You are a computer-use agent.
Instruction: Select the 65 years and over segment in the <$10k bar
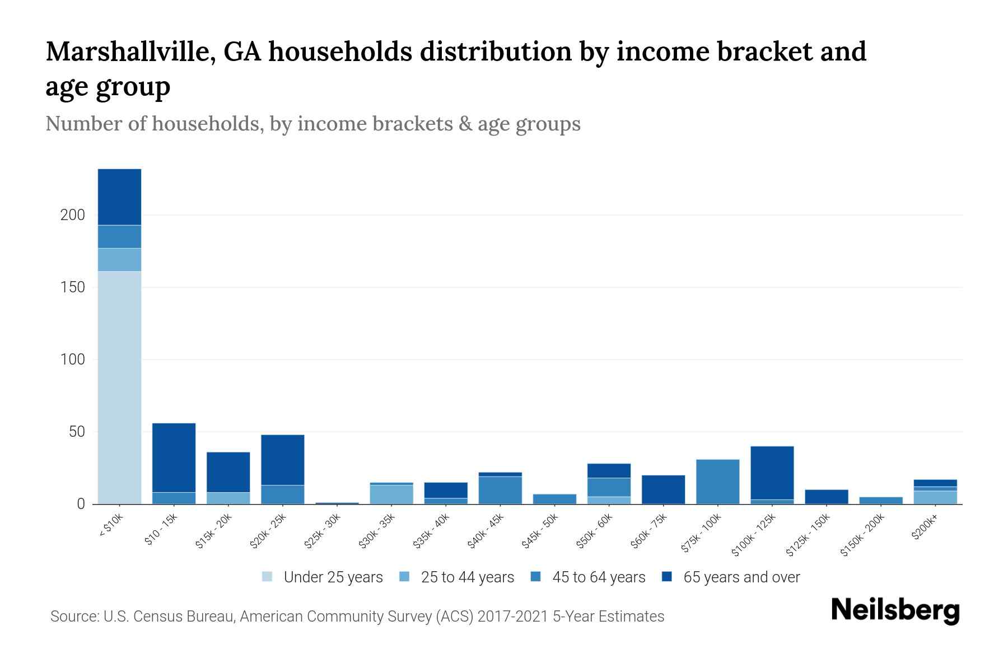coord(119,197)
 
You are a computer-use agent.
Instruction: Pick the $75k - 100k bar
coord(717,482)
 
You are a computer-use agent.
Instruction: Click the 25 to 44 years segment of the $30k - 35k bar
coord(391,494)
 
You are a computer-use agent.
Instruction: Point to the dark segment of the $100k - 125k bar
coord(772,473)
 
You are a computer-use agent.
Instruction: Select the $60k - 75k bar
coord(663,489)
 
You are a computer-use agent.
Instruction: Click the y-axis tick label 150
coord(72,287)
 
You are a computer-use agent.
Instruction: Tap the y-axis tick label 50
coord(77,432)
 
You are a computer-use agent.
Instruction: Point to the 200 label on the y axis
coord(72,215)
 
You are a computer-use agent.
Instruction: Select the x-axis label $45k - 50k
coord(540,533)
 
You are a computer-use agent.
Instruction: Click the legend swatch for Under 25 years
coord(268,577)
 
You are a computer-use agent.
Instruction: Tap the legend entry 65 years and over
coord(741,577)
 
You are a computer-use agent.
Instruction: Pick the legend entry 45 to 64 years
coord(599,577)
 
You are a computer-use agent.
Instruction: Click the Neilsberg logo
coord(895,610)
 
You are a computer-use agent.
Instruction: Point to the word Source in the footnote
coord(73,617)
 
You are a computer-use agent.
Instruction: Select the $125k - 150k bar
coord(826,497)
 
